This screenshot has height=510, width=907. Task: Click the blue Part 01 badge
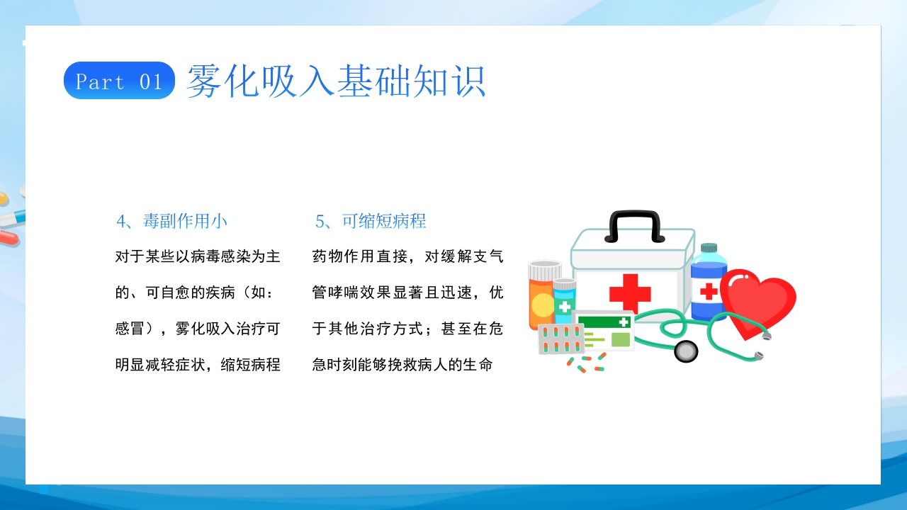tap(119, 81)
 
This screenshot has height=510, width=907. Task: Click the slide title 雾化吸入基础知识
tap(336, 81)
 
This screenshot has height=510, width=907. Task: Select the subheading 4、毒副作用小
tap(171, 221)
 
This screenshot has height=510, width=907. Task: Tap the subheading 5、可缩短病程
tap(371, 221)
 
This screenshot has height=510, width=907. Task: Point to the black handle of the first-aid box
tap(634, 226)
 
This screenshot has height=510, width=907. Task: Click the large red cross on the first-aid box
tap(630, 293)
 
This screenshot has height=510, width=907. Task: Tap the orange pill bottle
tap(542, 295)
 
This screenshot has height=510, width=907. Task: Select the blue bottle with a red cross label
tap(709, 283)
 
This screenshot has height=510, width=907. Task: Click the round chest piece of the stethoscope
tap(686, 351)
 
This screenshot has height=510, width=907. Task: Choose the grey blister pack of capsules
tap(560, 339)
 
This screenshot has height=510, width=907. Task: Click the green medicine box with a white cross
tap(604, 330)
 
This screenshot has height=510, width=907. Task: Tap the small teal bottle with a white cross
tap(565, 301)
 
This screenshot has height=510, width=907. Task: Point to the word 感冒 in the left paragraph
tap(130, 328)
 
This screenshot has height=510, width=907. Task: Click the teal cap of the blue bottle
tap(709, 248)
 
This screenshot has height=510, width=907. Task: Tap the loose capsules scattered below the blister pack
tap(586, 363)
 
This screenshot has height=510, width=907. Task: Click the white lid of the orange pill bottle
tap(545, 269)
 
